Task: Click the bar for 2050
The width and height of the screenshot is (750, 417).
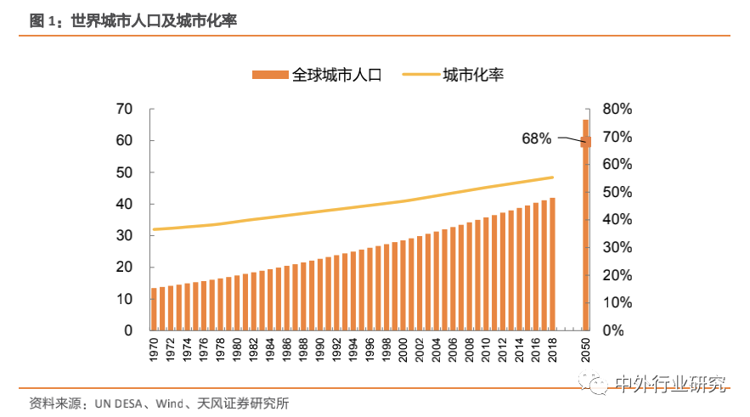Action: click(x=585, y=224)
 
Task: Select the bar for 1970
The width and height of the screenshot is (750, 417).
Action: click(x=155, y=308)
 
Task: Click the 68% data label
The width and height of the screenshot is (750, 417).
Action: click(x=537, y=138)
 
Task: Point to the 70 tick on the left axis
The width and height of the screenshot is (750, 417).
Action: click(x=124, y=109)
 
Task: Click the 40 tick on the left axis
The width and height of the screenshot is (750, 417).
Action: click(x=124, y=204)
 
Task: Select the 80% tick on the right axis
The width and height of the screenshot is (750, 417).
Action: click(x=617, y=109)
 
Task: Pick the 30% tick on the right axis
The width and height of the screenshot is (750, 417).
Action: click(x=617, y=247)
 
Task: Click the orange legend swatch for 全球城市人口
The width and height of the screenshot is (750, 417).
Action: click(x=270, y=75)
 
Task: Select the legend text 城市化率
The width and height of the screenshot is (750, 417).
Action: click(x=473, y=75)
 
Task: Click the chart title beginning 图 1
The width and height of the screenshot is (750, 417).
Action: click(x=133, y=21)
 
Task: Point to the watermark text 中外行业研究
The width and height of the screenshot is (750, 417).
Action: click(x=671, y=384)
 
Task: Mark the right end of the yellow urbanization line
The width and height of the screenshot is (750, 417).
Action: click(x=552, y=178)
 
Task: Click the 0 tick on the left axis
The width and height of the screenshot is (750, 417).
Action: click(x=129, y=330)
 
